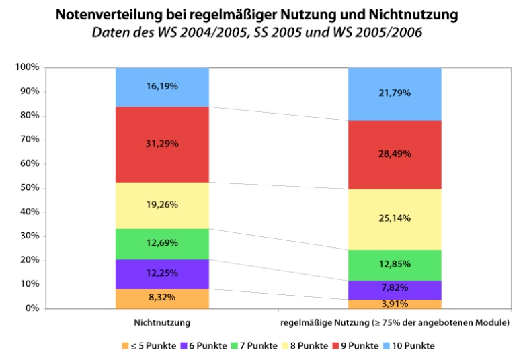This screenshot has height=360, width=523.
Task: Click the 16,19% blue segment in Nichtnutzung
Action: [x=161, y=87]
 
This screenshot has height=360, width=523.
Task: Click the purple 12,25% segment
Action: [x=161, y=274]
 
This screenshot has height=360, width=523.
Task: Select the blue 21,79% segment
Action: [x=395, y=93]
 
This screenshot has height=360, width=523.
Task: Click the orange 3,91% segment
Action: [x=395, y=304]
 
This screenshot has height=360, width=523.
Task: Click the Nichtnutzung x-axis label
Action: [x=161, y=323]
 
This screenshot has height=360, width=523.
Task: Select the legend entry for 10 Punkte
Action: [x=410, y=345]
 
